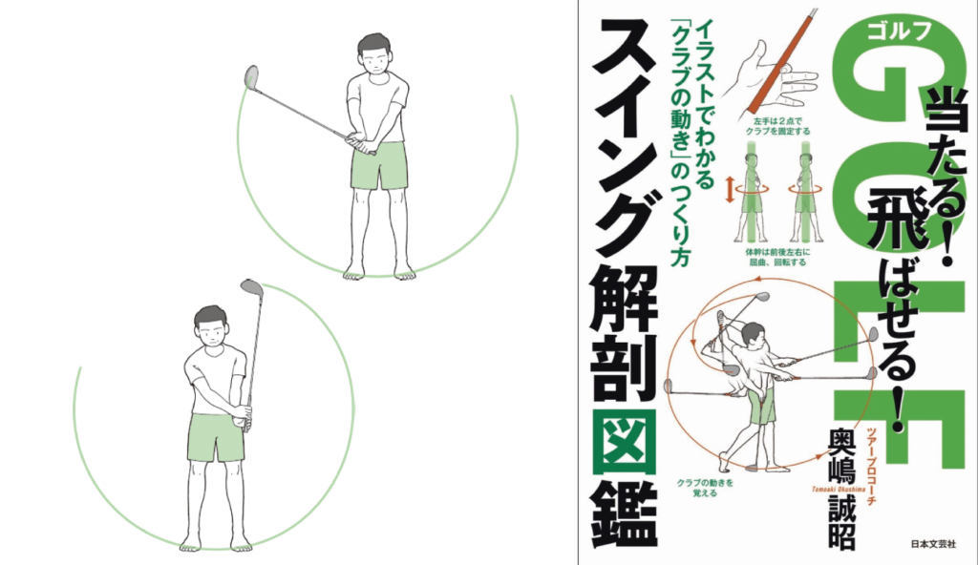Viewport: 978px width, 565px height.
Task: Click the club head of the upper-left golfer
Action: (x=251, y=76)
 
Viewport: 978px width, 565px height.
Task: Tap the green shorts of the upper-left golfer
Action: (x=378, y=165)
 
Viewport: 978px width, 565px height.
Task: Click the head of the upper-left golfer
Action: (x=376, y=55)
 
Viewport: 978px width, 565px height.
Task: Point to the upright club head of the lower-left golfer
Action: (x=252, y=289)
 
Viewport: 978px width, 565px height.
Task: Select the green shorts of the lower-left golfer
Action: (x=216, y=437)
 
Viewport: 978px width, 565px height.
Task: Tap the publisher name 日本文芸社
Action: (x=933, y=544)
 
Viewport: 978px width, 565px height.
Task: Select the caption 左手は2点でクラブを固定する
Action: (x=777, y=127)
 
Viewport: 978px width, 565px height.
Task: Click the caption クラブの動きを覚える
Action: (x=705, y=488)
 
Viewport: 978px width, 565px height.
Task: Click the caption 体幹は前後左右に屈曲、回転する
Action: (x=777, y=257)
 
